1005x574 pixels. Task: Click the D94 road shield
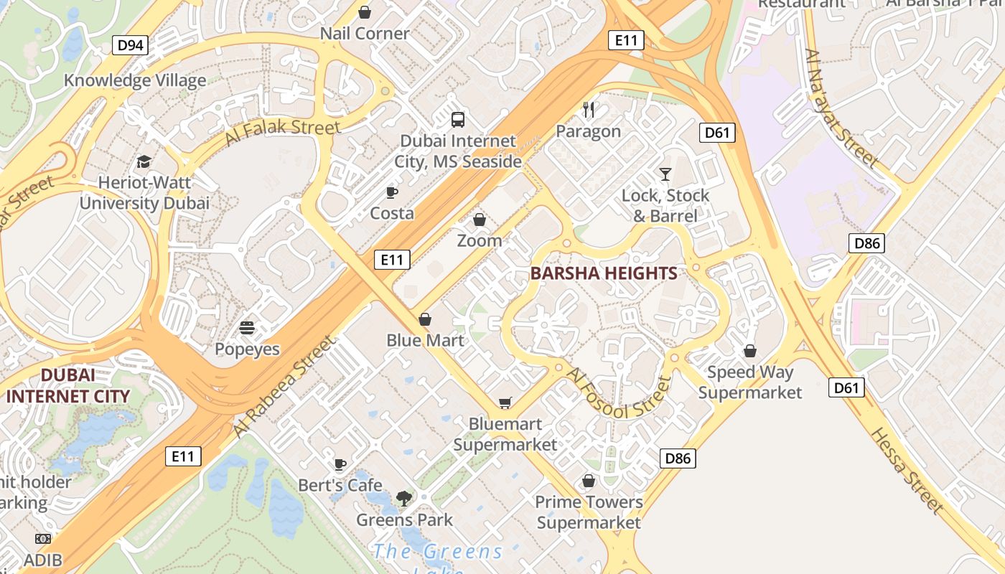[130, 45]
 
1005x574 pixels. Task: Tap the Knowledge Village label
[135, 80]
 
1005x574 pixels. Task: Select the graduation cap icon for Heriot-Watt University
[144, 161]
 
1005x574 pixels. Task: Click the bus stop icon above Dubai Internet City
[457, 120]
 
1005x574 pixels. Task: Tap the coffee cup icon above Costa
[391, 192]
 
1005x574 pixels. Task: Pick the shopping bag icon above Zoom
[479, 220]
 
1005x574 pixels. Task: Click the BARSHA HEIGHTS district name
[604, 273]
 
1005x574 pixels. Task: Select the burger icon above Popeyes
[247, 329]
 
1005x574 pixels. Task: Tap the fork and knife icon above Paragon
[589, 110]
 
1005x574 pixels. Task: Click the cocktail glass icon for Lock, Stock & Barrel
[665, 174]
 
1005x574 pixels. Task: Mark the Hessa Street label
[907, 471]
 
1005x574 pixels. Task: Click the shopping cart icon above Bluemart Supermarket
[505, 403]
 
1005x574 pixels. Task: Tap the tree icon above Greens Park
[404, 498]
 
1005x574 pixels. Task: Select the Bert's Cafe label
[340, 485]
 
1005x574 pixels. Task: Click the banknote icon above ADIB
[43, 539]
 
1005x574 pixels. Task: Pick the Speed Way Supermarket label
[750, 382]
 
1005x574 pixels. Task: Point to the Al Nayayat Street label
[842, 108]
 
